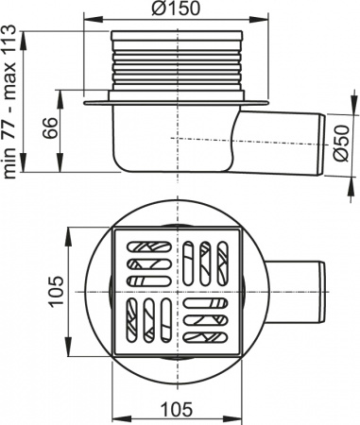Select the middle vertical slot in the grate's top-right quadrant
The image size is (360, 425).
point(205,260)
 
